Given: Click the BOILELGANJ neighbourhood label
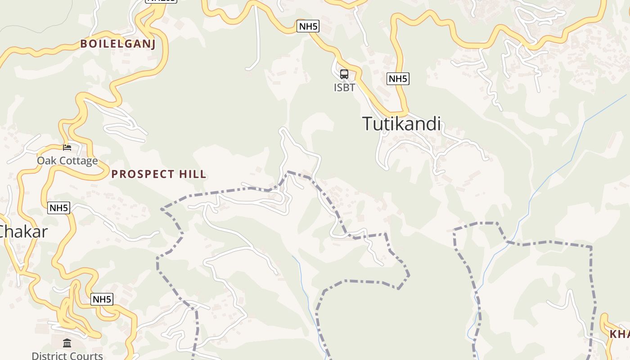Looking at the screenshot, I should click(118, 44).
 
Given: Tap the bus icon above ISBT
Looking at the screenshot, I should click(344, 74).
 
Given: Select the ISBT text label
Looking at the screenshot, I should click(344, 87).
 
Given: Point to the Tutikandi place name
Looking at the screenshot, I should click(401, 124).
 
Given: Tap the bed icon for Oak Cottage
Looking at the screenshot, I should click(67, 147).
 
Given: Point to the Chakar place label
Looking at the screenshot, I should click(22, 232).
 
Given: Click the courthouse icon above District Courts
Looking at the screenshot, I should click(67, 344).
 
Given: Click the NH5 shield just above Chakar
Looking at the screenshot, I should click(59, 208).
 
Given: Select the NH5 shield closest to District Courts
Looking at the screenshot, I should click(102, 299).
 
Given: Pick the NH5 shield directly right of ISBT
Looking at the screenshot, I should click(398, 79).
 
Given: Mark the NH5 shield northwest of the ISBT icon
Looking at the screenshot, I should click(308, 26).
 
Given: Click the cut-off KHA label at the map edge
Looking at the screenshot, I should click(620, 334).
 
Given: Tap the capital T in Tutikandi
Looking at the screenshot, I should click(368, 124).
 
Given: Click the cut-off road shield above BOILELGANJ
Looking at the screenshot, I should click(161, 1).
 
